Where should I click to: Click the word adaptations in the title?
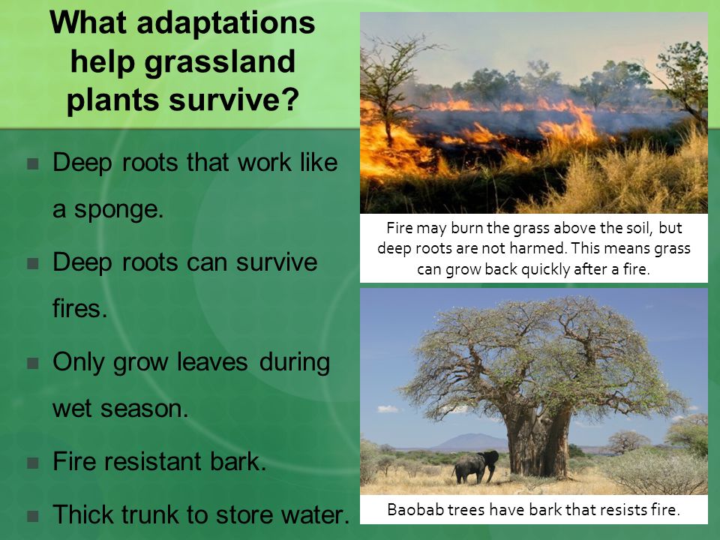[x=226, y=24]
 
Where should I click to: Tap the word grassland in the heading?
[x=220, y=62]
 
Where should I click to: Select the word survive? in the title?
[x=234, y=99]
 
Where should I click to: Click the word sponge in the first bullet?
[x=118, y=210]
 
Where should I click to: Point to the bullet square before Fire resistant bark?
[x=32, y=463]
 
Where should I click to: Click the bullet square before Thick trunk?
[x=32, y=516]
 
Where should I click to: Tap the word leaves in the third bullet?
[x=212, y=361]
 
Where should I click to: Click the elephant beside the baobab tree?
[x=475, y=466]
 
